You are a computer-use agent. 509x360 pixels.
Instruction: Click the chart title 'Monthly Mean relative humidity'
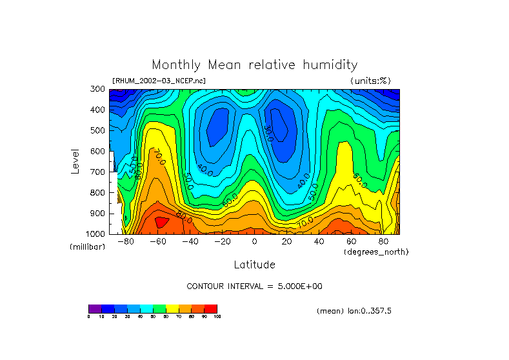tap(254, 65)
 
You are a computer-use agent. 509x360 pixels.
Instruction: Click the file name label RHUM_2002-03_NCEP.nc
tap(159, 81)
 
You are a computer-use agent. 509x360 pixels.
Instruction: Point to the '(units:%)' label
tap(371, 81)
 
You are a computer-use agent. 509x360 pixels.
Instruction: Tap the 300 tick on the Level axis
tap(98, 89)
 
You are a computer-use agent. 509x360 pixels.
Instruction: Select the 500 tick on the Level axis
tap(98, 130)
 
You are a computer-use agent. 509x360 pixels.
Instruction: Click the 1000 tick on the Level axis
tap(96, 234)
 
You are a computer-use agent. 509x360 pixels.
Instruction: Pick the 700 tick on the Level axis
tap(98, 172)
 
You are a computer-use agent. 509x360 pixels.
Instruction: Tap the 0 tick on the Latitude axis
tap(254, 241)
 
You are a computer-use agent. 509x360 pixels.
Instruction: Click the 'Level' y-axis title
tap(76, 161)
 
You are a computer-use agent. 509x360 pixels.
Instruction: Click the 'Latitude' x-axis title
tap(254, 265)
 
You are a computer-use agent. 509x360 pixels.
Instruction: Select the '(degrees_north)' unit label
tap(377, 251)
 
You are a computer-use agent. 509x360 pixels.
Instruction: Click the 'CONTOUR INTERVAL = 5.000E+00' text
tap(254, 286)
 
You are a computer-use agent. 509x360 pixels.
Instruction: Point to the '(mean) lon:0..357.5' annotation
tap(354, 311)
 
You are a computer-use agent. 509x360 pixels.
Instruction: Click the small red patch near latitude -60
tap(161, 222)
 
